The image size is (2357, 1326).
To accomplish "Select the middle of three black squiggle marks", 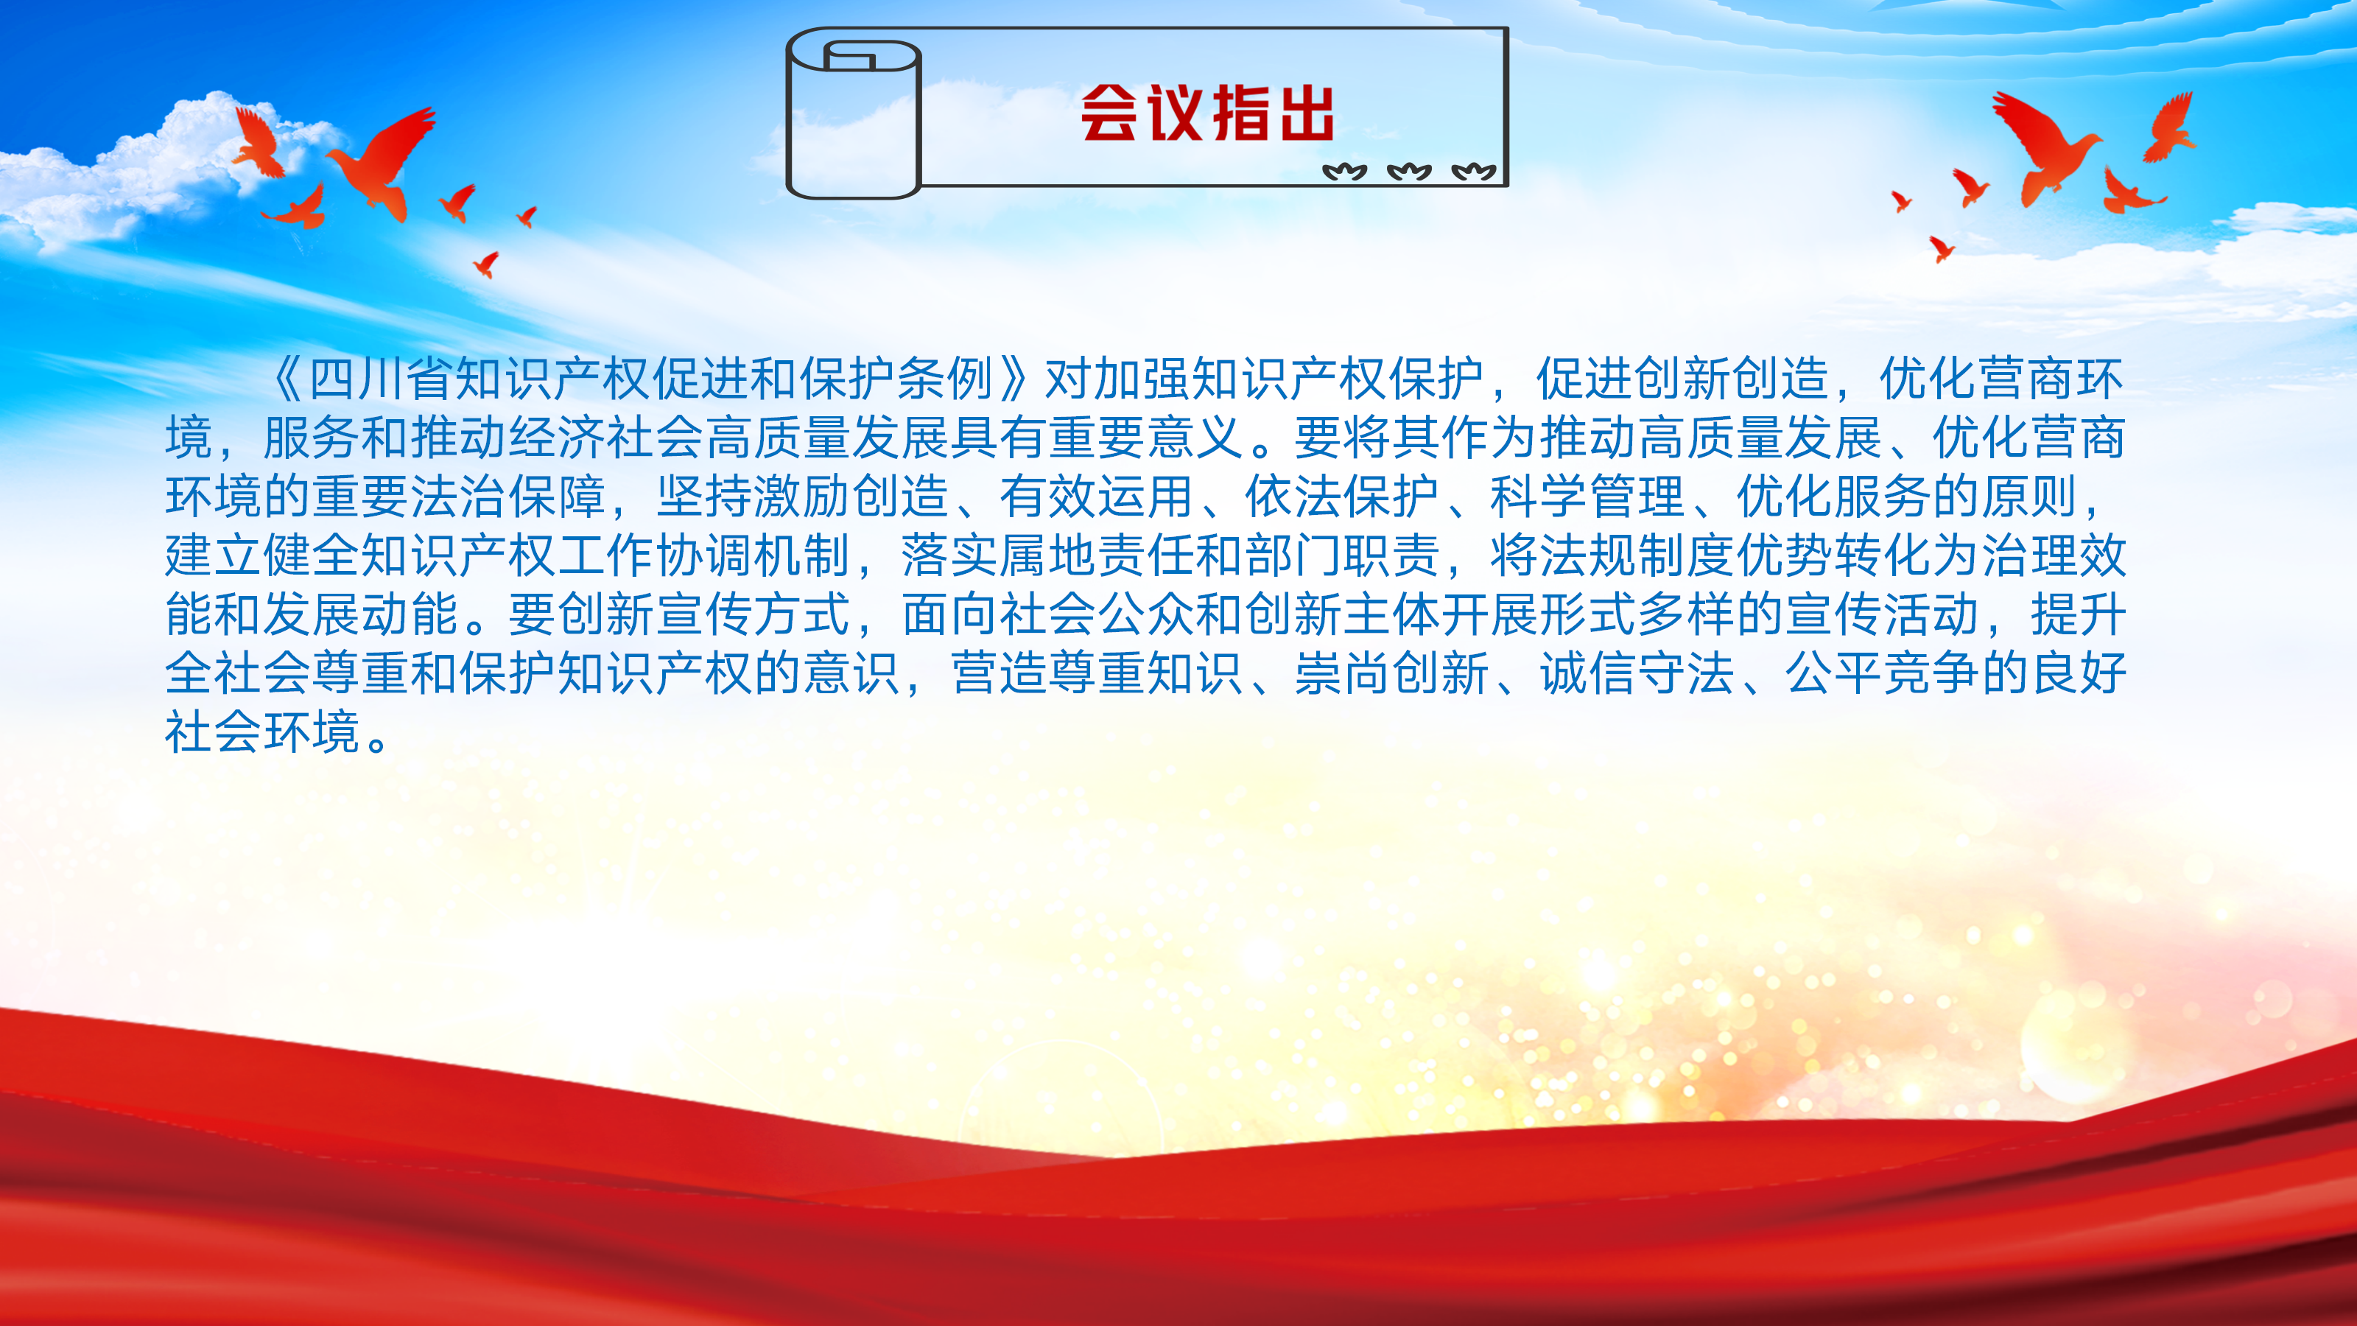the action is click(1409, 171).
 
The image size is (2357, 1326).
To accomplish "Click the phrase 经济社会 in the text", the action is click(605, 438).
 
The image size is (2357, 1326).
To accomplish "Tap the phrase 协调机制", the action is click(753, 555).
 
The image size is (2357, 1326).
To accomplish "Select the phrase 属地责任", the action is click(1096, 555).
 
